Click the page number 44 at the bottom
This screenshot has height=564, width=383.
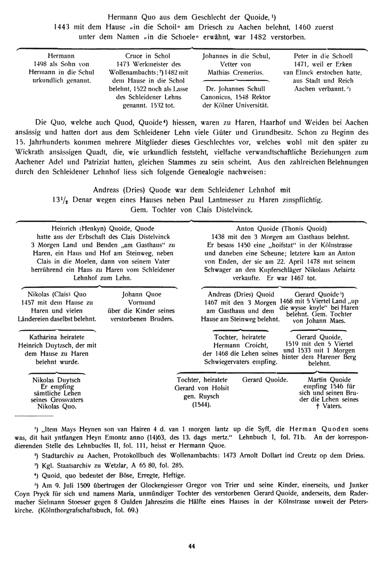coord(191,547)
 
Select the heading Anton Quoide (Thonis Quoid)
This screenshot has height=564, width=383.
coord(280,229)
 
